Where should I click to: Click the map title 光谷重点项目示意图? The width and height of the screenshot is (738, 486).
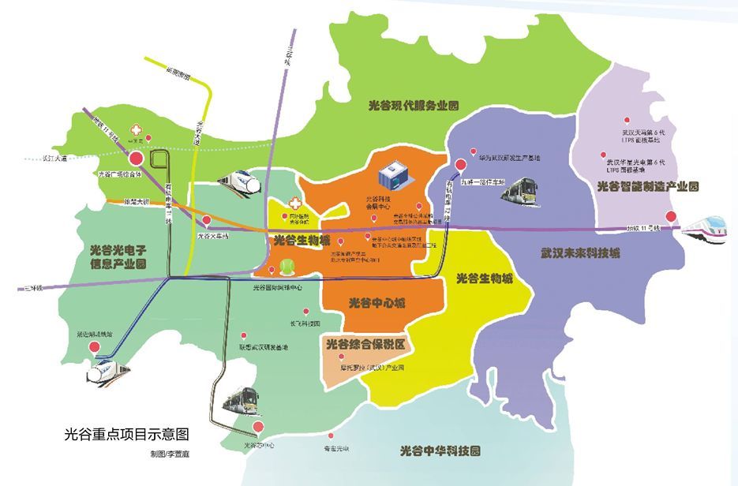[x=126, y=435]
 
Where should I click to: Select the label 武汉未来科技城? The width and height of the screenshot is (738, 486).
[x=580, y=254]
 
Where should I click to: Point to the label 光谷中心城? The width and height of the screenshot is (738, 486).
[x=376, y=302]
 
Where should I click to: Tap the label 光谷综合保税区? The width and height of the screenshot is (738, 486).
[x=365, y=344]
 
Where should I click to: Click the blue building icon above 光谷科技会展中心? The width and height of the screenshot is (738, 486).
[x=392, y=173]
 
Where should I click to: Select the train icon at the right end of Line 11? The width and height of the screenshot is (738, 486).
[x=707, y=226]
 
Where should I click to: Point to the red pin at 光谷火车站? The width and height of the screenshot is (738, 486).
[x=207, y=221]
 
